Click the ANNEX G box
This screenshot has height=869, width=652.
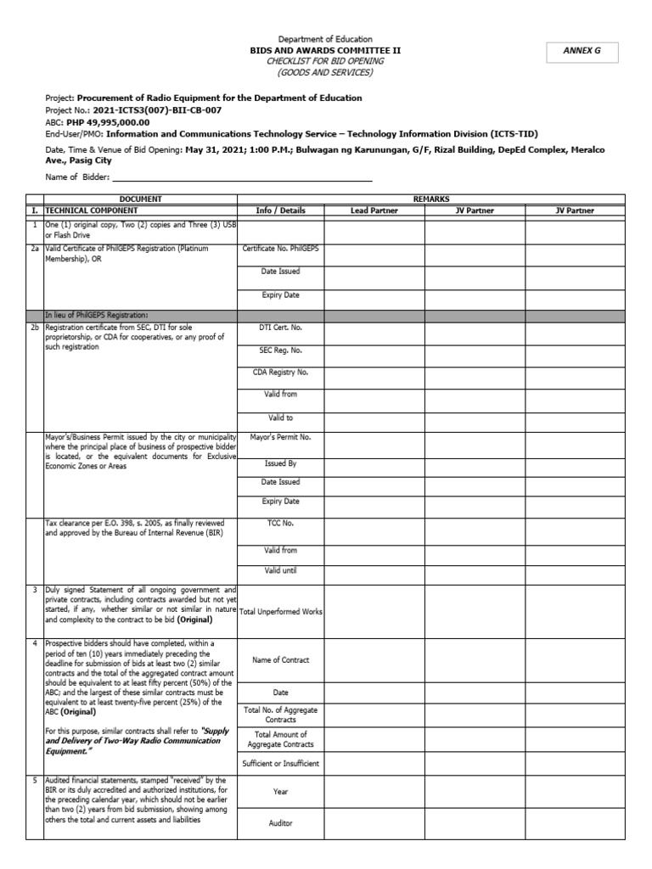coord(582,52)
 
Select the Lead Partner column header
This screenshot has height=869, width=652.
coord(374,210)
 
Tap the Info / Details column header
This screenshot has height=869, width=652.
coord(280,210)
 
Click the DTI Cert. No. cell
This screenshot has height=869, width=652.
coord(280,327)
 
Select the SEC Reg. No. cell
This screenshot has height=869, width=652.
coord(280,350)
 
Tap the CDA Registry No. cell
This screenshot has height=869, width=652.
coord(280,372)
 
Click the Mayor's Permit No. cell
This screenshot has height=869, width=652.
coord(280,438)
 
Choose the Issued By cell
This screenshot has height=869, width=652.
coord(280,464)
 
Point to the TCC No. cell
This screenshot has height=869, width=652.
coord(280,524)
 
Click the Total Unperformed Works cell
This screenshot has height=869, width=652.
coord(280,611)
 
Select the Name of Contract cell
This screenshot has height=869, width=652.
coord(280,660)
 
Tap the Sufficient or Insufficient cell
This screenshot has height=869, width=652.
coord(280,764)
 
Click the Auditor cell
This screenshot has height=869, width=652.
coord(280,823)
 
